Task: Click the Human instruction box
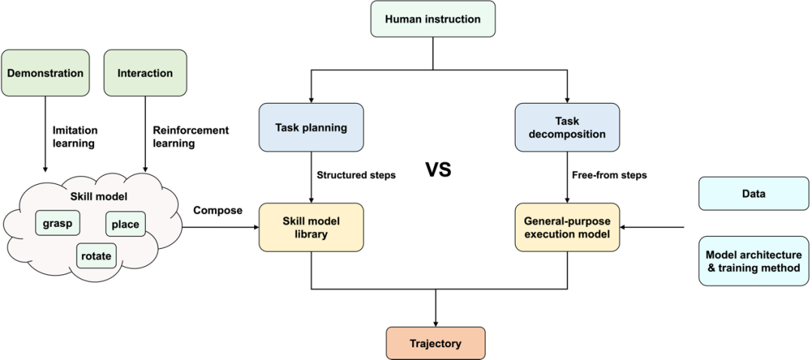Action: (x=432, y=19)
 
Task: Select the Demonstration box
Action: (x=45, y=73)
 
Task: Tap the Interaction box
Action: (x=145, y=73)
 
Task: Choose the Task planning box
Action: (x=311, y=127)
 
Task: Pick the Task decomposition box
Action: (x=567, y=127)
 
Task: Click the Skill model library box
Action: (x=311, y=227)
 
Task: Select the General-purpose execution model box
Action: (x=567, y=227)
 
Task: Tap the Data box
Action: (x=753, y=193)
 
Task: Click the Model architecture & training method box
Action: (x=753, y=261)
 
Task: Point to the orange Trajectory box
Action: (x=435, y=343)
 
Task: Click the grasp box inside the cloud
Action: (x=58, y=222)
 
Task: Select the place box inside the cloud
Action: (x=125, y=224)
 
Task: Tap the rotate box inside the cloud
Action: (x=96, y=256)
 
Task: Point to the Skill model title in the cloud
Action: (x=98, y=196)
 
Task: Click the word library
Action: (x=311, y=234)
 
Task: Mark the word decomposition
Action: (x=567, y=135)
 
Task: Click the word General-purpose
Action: (x=567, y=221)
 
